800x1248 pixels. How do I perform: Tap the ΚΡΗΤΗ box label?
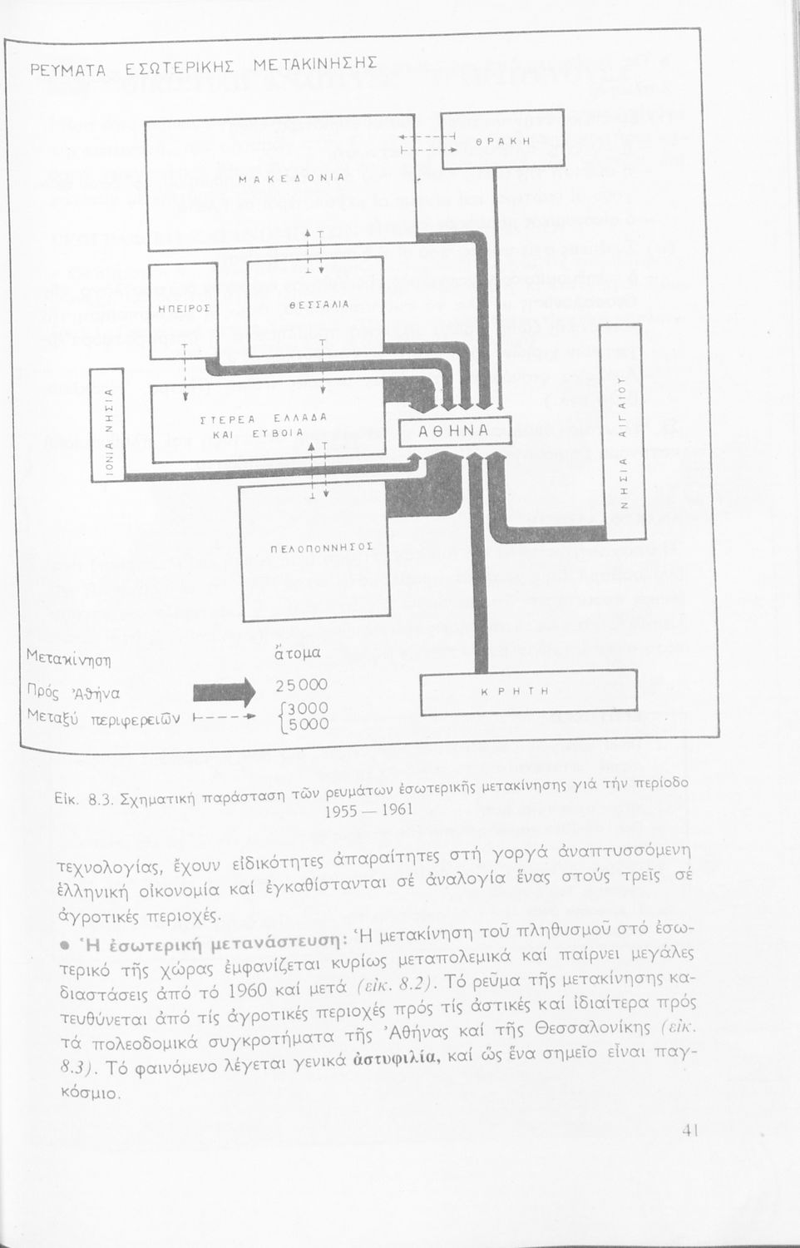[528, 691]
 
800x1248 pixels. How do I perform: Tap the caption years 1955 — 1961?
[360, 809]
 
